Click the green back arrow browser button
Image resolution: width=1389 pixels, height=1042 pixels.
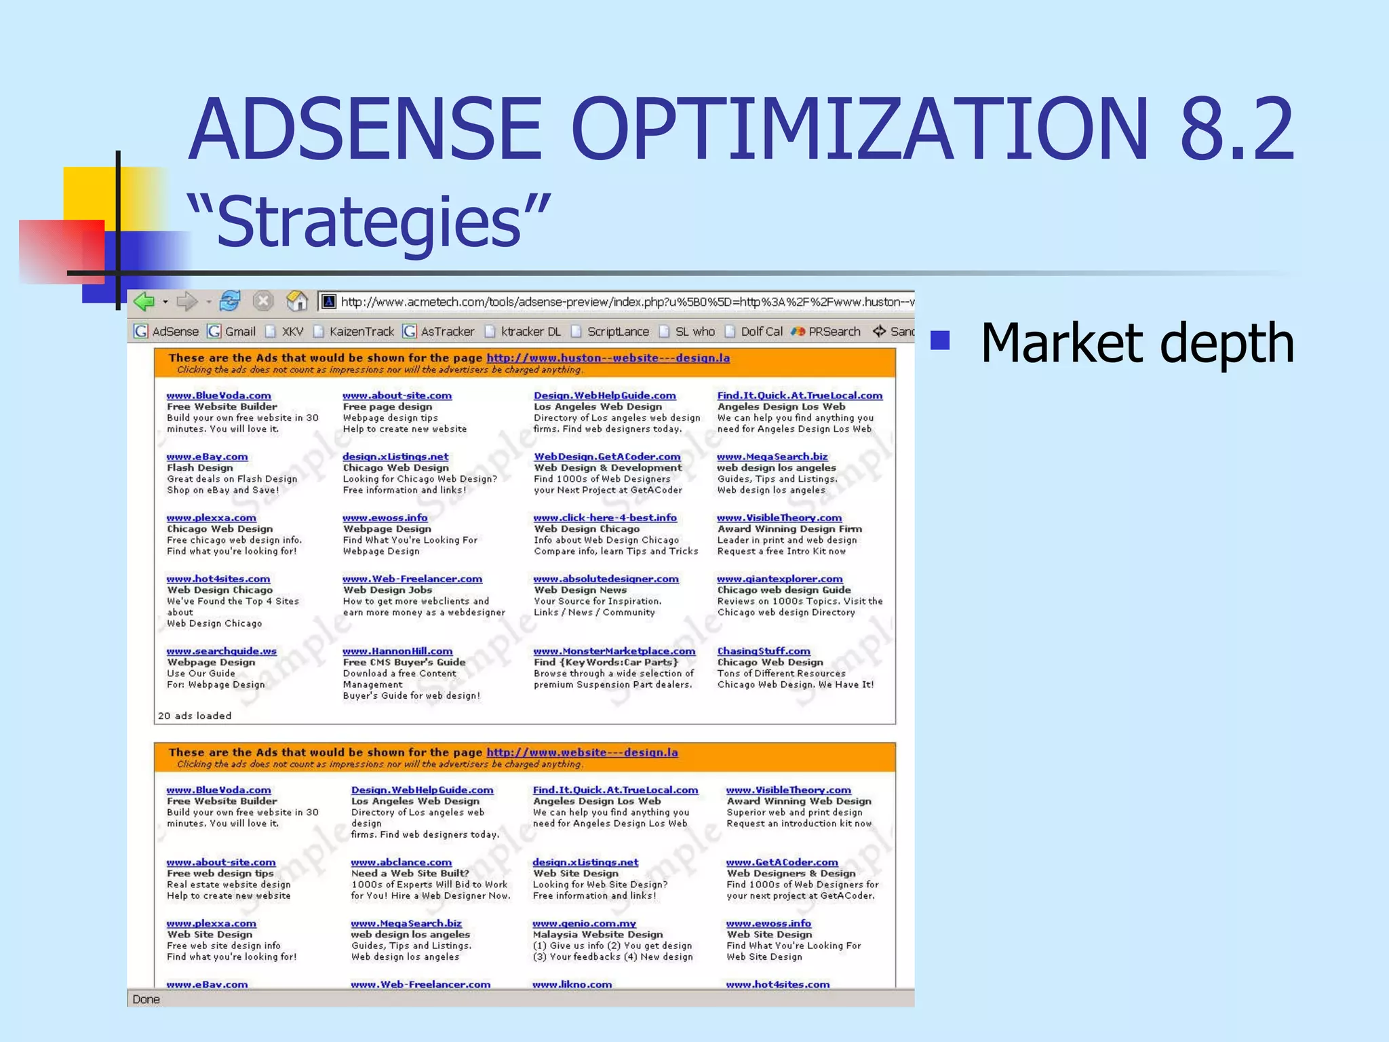coord(144,301)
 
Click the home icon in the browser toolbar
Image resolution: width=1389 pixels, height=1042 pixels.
coord(296,301)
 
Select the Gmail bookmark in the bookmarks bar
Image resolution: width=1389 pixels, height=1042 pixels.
coord(232,331)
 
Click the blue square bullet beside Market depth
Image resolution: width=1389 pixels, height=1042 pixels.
coord(940,340)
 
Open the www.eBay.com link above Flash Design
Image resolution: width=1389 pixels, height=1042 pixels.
coord(207,457)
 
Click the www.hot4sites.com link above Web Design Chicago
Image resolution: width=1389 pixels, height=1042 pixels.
coord(218,579)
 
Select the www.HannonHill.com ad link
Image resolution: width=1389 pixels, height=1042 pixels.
coord(397,651)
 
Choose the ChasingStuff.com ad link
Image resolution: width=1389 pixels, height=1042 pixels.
coord(764,651)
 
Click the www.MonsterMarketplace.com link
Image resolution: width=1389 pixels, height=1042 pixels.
coord(614,651)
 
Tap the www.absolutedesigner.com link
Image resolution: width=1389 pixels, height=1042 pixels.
coord(606,579)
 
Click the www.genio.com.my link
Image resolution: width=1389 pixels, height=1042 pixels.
coord(584,923)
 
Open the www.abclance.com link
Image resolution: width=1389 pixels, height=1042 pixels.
coord(401,862)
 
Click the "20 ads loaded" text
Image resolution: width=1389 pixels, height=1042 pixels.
coord(195,716)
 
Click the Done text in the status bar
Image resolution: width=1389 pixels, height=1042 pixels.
coord(146,999)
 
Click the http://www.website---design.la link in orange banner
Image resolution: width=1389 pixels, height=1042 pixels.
coord(582,752)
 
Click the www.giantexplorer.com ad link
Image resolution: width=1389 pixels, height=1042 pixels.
coord(779,579)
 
